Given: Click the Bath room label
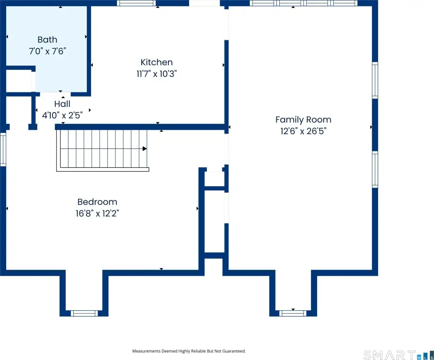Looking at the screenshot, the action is click(x=47, y=39).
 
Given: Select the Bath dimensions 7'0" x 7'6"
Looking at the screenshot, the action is click(x=47, y=51).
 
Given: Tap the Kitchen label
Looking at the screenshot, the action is click(x=157, y=62).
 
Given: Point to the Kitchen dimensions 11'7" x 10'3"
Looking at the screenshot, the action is click(x=157, y=74).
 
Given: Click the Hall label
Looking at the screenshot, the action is click(x=62, y=104).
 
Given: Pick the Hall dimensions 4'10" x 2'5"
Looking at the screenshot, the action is click(x=62, y=115).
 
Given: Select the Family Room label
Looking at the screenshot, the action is click(x=304, y=120).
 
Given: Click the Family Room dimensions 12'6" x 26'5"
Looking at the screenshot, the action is click(x=304, y=131).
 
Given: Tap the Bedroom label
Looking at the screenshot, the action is click(x=97, y=202).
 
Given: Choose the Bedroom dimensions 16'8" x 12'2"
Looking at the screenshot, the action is click(x=97, y=213).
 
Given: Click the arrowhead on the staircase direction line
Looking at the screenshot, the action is click(x=145, y=149).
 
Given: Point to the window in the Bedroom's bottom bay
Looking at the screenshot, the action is click(x=84, y=313).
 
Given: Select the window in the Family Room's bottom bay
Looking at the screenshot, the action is click(x=293, y=313).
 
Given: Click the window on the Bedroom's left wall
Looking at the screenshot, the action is click(x=3, y=150).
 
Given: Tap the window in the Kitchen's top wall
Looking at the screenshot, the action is click(x=136, y=3).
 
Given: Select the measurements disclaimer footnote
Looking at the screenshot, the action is click(x=189, y=351).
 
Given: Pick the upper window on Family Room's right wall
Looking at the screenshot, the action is click(x=375, y=80).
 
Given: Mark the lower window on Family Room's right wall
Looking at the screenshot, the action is click(x=375, y=170).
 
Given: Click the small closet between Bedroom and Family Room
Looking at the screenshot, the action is click(x=214, y=179).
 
